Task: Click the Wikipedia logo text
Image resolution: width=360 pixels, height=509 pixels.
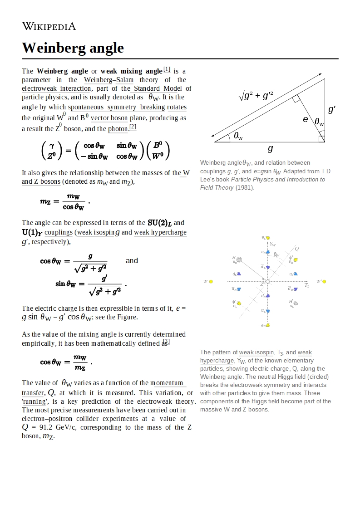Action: [x=49, y=26]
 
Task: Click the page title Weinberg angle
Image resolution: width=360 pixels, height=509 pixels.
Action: [x=73, y=48]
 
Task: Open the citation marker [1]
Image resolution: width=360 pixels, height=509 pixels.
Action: [x=167, y=69]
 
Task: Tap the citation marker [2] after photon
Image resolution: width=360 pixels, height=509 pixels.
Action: [x=133, y=127]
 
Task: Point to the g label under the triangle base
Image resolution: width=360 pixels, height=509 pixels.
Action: [x=271, y=148]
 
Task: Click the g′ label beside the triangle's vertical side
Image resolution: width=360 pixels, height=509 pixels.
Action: [x=332, y=109]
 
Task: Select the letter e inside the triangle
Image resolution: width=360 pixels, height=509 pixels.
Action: [x=306, y=119]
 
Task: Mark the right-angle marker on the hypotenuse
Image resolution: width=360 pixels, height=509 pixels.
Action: [x=296, y=99]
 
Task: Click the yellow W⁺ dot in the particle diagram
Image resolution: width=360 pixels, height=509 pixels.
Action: [x=324, y=282]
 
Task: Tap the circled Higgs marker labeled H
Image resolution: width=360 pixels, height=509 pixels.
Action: [x=239, y=260]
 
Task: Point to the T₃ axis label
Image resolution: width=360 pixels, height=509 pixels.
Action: [x=307, y=285]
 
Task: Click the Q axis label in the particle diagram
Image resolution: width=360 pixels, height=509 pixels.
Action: [x=297, y=249]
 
